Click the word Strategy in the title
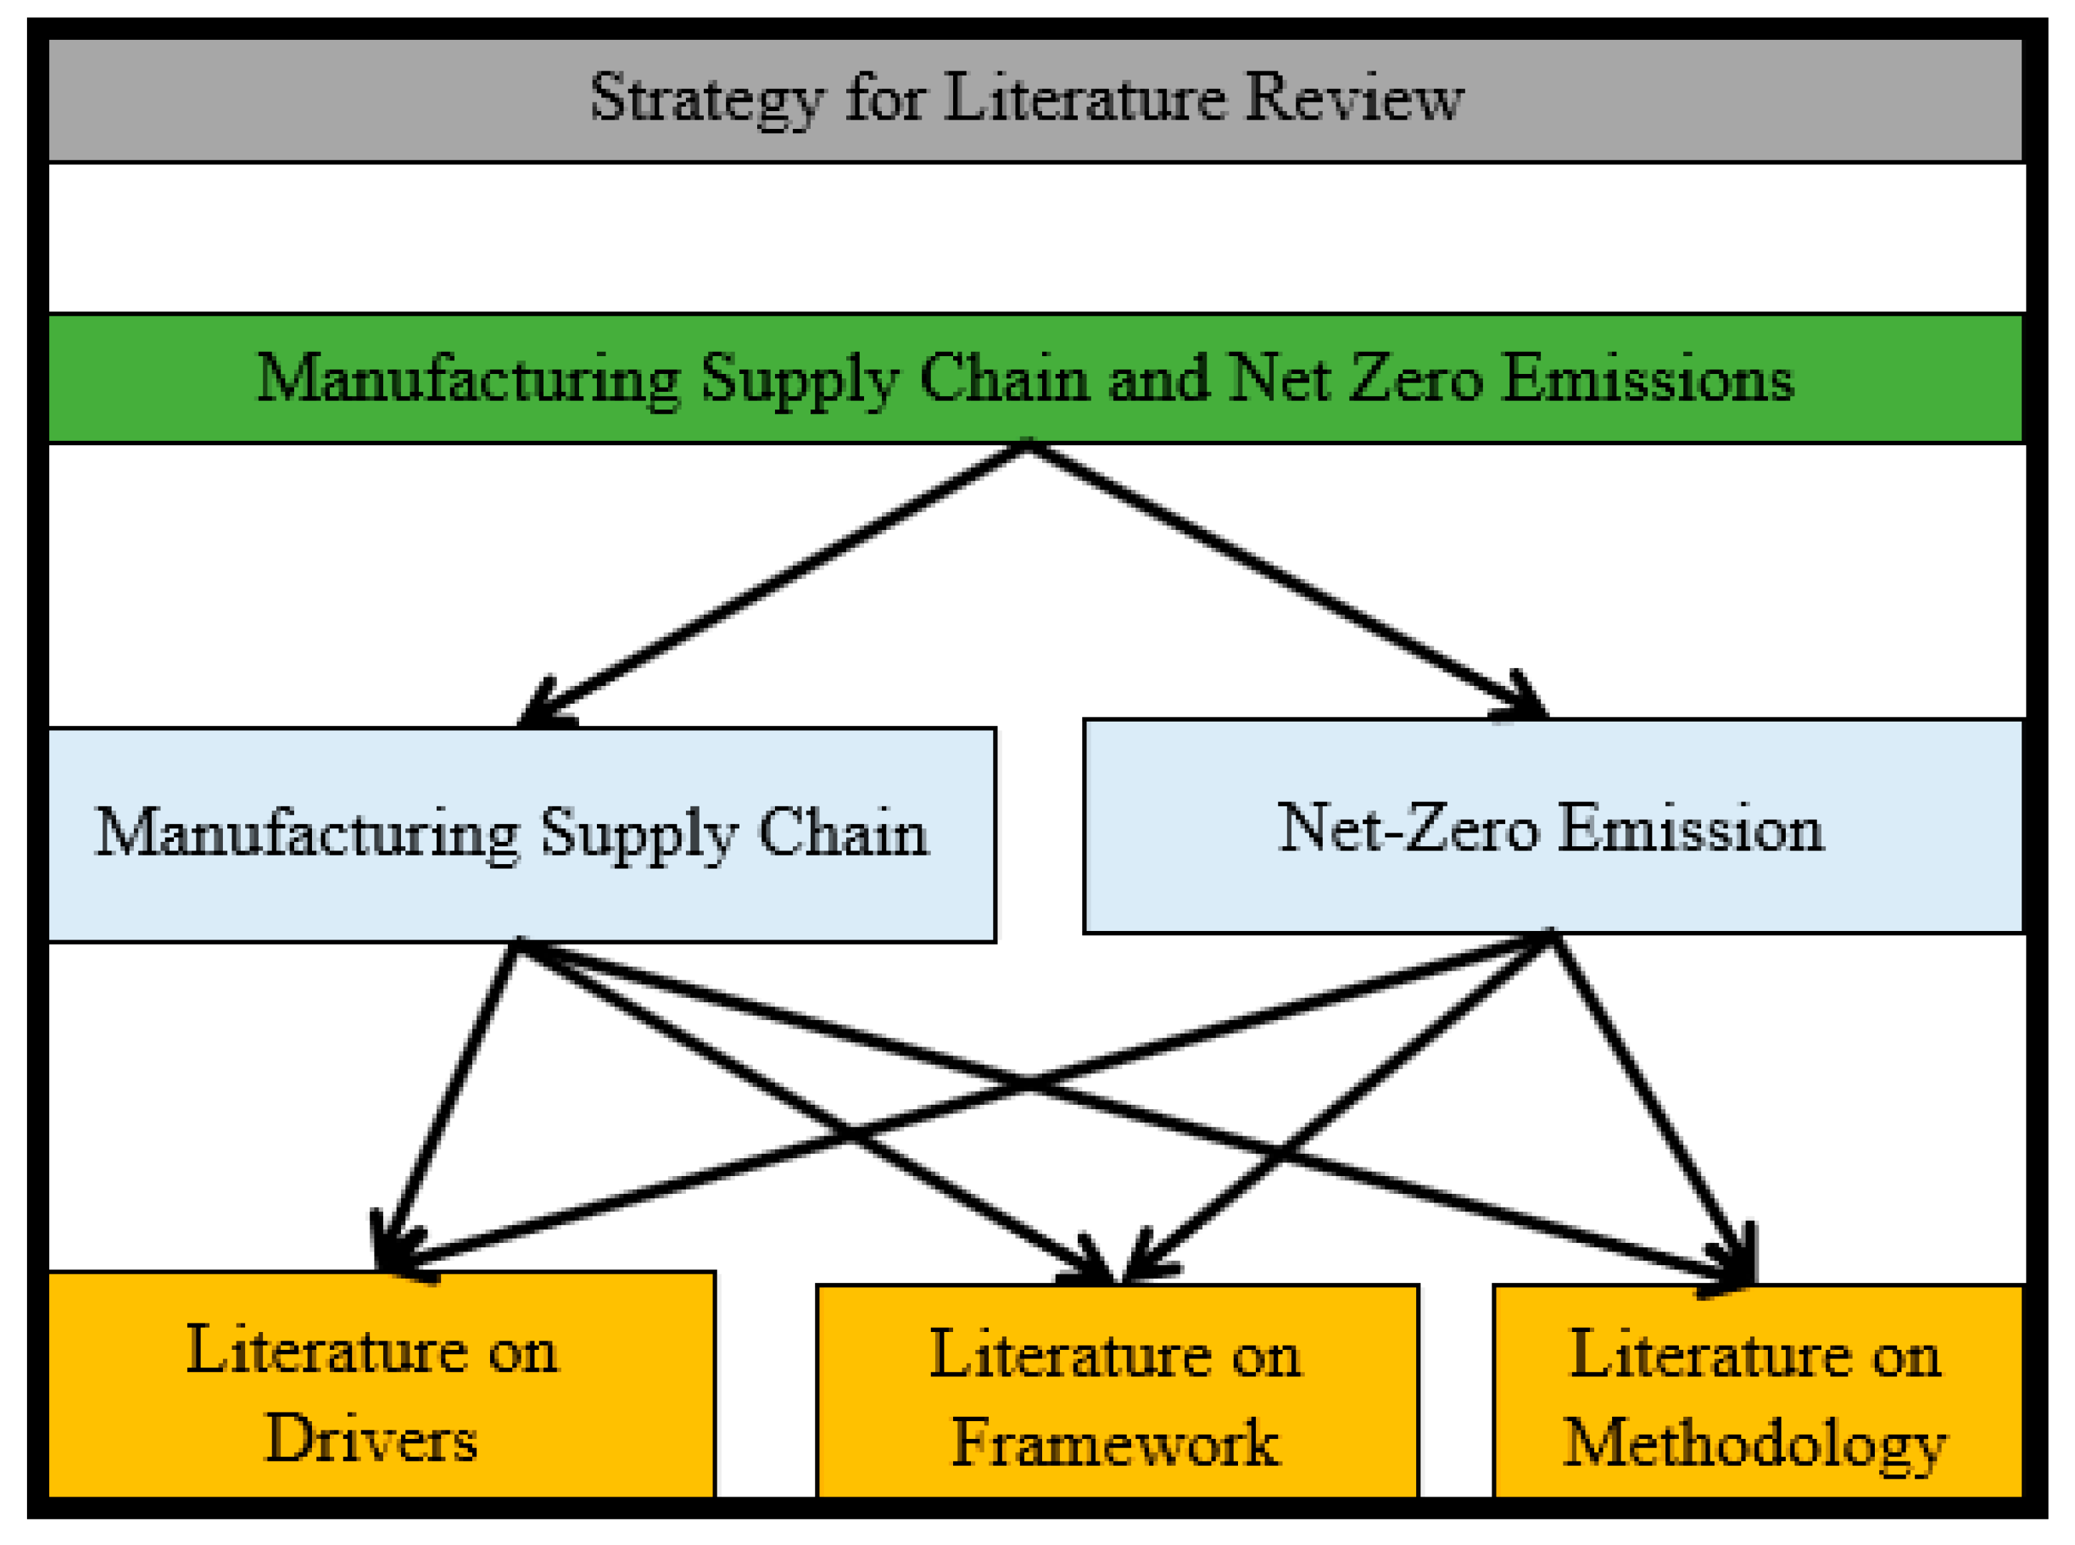(x=706, y=98)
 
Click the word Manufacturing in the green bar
(x=467, y=379)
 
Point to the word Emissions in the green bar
(x=1647, y=379)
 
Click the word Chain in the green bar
(x=1004, y=379)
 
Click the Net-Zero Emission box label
(x=1549, y=828)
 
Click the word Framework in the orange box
(x=1115, y=1444)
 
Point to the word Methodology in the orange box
(x=1754, y=1444)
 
